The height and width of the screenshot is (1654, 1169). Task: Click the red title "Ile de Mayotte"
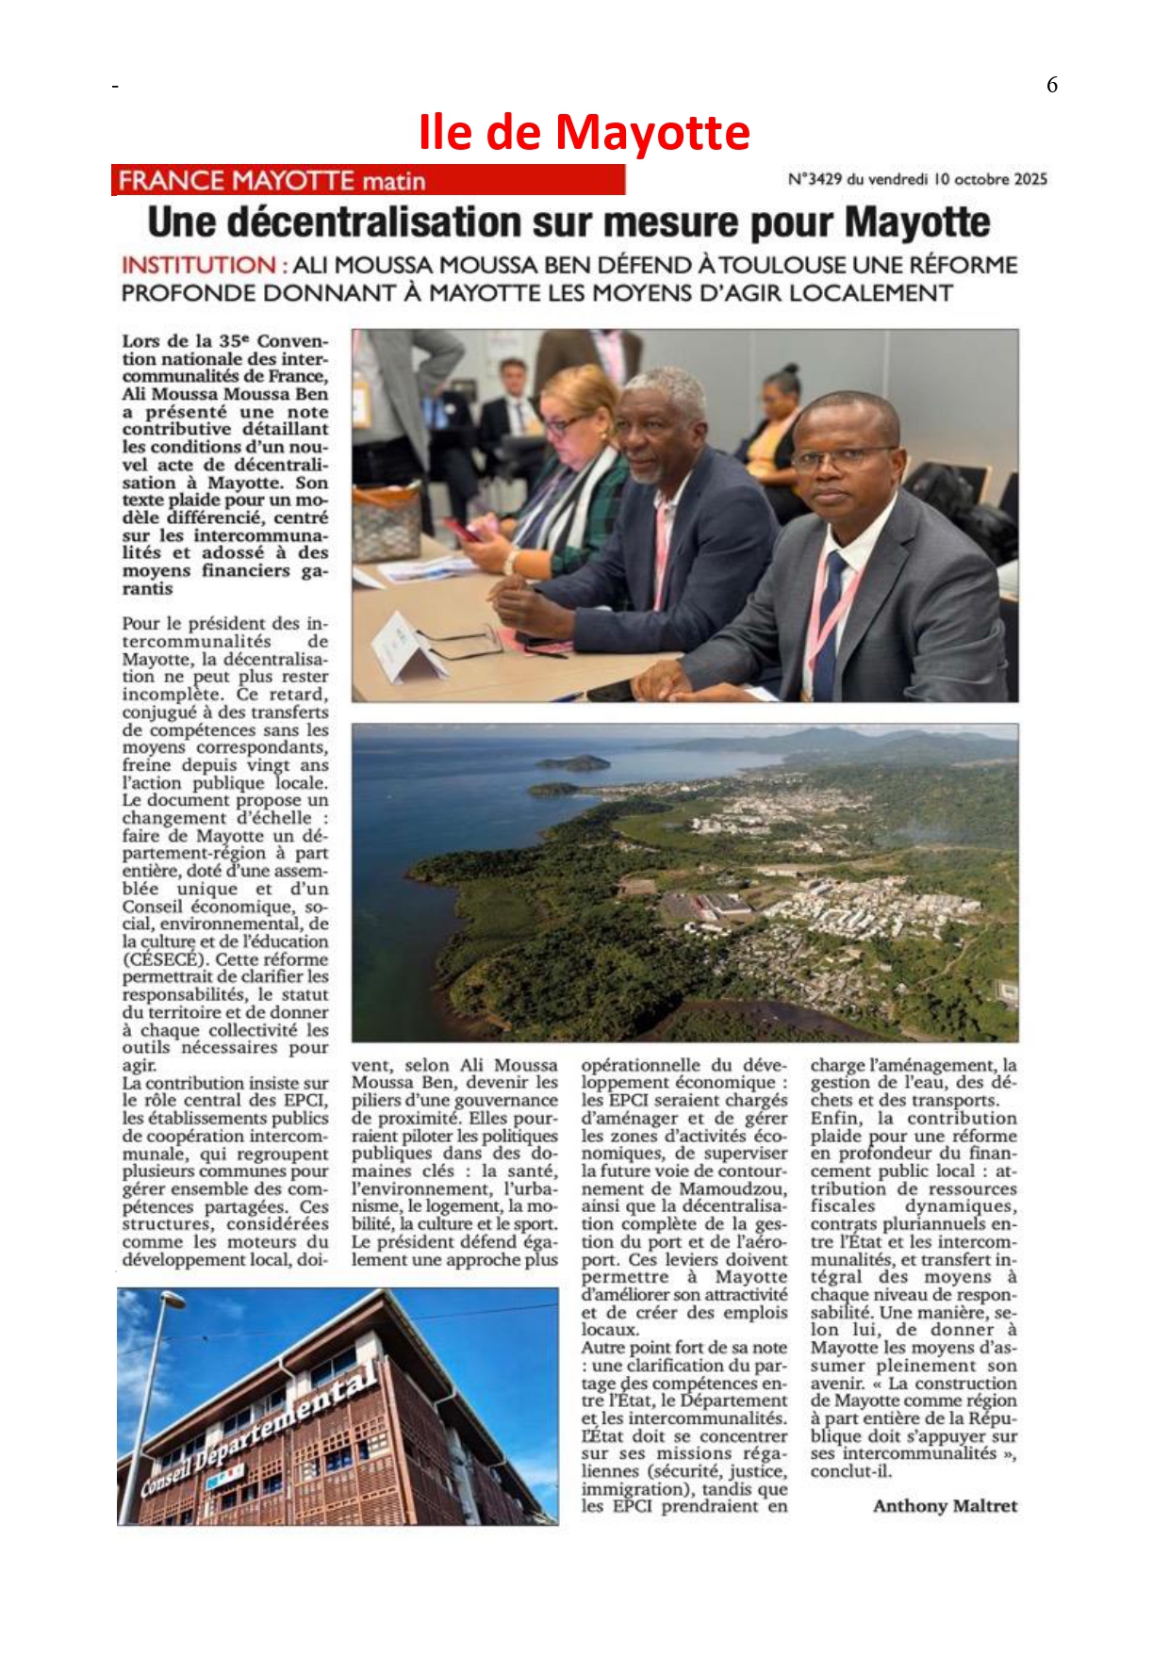[x=584, y=133]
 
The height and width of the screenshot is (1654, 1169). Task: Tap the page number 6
[x=1051, y=85]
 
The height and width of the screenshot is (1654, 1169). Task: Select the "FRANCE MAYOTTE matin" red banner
[x=368, y=180]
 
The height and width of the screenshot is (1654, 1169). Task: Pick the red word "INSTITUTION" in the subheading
[x=198, y=266]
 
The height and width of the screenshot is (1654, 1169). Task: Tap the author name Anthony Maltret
[x=945, y=1505]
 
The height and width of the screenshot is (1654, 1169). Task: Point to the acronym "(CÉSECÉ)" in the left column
[x=163, y=958]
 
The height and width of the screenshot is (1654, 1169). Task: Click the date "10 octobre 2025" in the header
[x=990, y=179]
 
